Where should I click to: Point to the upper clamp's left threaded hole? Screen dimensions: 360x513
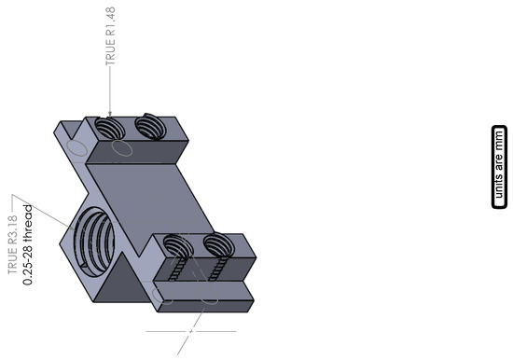[x=109, y=128]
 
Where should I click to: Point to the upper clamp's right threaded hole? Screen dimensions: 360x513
[x=147, y=126]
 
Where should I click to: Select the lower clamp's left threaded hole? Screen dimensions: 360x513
[x=177, y=245]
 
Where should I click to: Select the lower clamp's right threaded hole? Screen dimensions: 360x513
[x=217, y=244]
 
